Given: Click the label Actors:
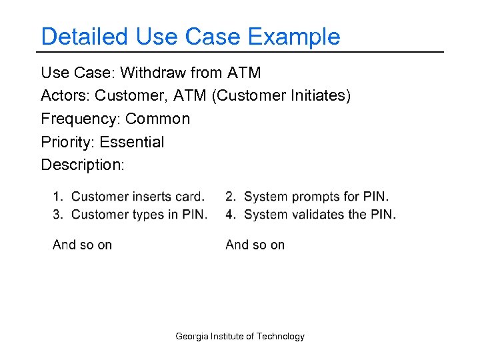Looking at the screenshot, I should pyautogui.click(x=65, y=96).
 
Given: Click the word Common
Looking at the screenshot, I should pyautogui.click(x=157, y=119).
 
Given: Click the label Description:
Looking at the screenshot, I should pyautogui.click(x=83, y=165).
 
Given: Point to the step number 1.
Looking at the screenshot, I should pyautogui.click(x=57, y=197).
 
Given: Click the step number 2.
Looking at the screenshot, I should pyautogui.click(x=230, y=197).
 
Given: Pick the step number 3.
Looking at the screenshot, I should pyautogui.click(x=57, y=215).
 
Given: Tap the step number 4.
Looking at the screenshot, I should pyautogui.click(x=230, y=215).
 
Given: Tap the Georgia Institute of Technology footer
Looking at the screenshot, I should pyautogui.click(x=240, y=337).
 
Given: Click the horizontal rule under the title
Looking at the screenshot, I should pyautogui.click(x=240, y=52).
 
